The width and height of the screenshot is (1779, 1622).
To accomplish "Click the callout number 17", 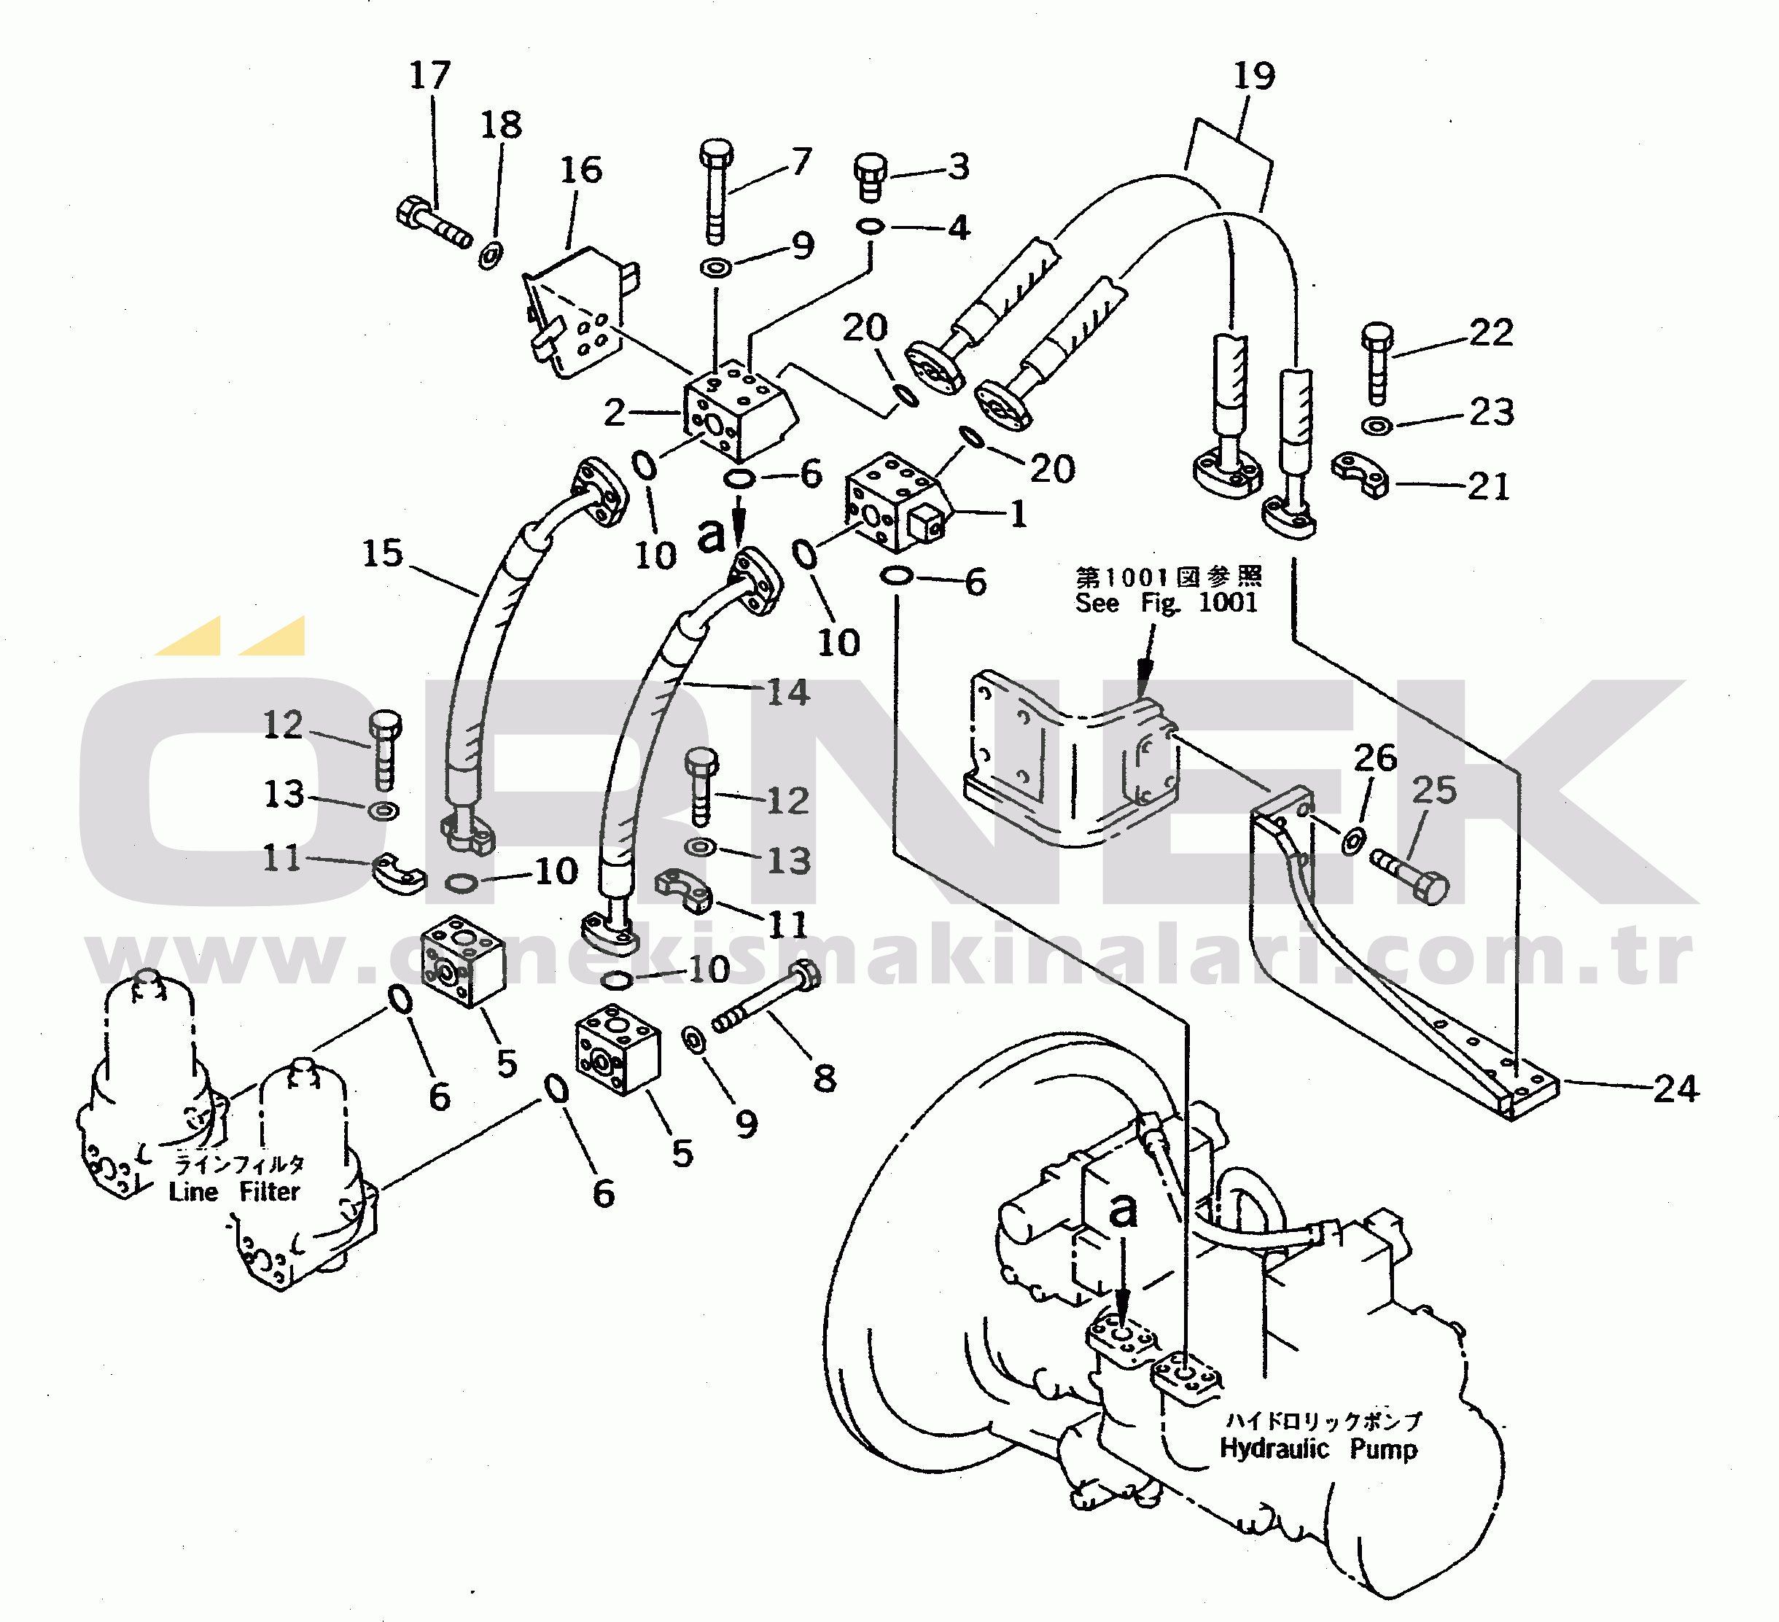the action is [429, 75].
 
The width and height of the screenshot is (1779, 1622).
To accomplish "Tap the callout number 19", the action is [1254, 76].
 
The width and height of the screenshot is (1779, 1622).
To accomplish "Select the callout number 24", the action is [1675, 1088].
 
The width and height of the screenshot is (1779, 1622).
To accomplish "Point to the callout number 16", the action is [580, 169].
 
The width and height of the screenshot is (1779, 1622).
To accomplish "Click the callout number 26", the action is [1375, 757].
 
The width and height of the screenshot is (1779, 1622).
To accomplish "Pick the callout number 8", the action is [824, 1077].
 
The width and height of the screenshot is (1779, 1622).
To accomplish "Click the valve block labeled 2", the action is [739, 410].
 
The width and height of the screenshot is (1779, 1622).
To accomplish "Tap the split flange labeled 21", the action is [1360, 474].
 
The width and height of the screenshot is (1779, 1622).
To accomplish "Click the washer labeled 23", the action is [1377, 426].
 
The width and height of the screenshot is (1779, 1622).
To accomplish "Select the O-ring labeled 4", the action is [870, 227].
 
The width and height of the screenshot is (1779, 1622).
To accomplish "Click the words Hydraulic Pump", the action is [1318, 1449].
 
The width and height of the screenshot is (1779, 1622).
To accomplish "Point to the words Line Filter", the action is [235, 1191].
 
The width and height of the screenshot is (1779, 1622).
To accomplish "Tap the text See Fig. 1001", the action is [1166, 603].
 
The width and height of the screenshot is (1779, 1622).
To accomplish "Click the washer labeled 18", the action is [491, 256].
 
